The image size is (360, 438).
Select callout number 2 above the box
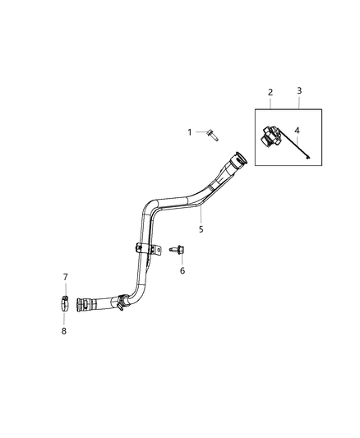click(270, 93)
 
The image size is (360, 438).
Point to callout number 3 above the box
click(298, 93)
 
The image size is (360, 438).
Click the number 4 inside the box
click(298, 129)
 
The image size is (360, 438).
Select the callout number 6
click(182, 270)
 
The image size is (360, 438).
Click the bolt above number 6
click(177, 247)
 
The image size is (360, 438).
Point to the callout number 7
click(66, 277)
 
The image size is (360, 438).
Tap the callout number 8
click(66, 331)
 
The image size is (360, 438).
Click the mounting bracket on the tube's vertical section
click(143, 248)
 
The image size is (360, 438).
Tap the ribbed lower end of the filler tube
click(85, 303)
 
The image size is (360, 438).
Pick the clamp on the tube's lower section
click(121, 302)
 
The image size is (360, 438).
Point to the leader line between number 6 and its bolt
click(182, 259)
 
